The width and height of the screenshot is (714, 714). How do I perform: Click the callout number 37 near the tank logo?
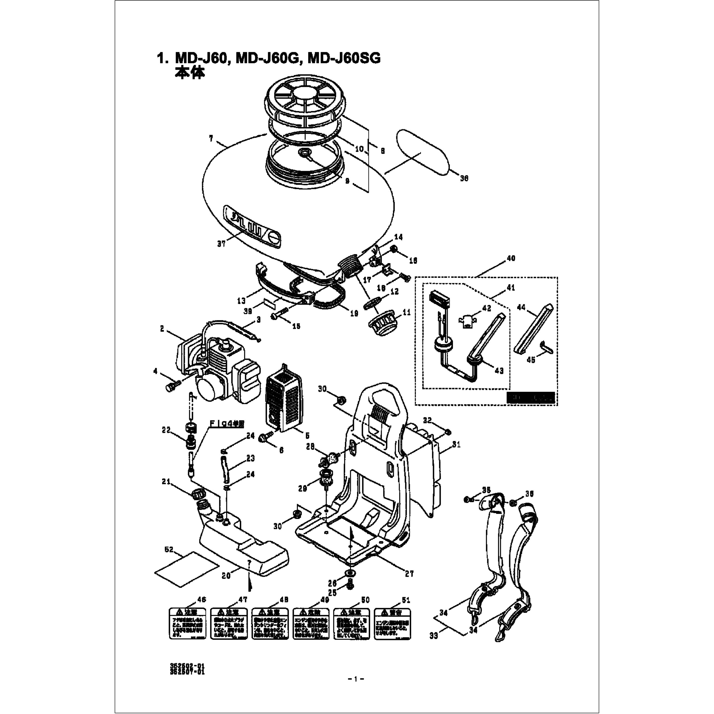(x=221, y=244)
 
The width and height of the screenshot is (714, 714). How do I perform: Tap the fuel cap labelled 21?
(x=198, y=494)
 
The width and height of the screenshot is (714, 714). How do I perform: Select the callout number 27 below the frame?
(x=409, y=574)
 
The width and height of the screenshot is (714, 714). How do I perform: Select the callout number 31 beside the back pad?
(x=456, y=445)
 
